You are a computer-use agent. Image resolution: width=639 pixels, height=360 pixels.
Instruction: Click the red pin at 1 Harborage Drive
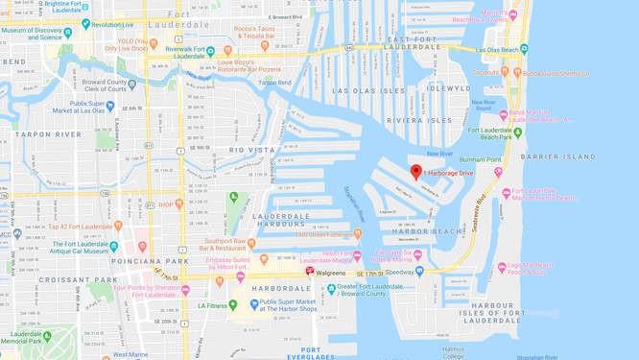click(x=415, y=172)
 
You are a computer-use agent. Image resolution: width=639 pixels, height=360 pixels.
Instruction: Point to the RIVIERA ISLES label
click(x=418, y=120)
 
